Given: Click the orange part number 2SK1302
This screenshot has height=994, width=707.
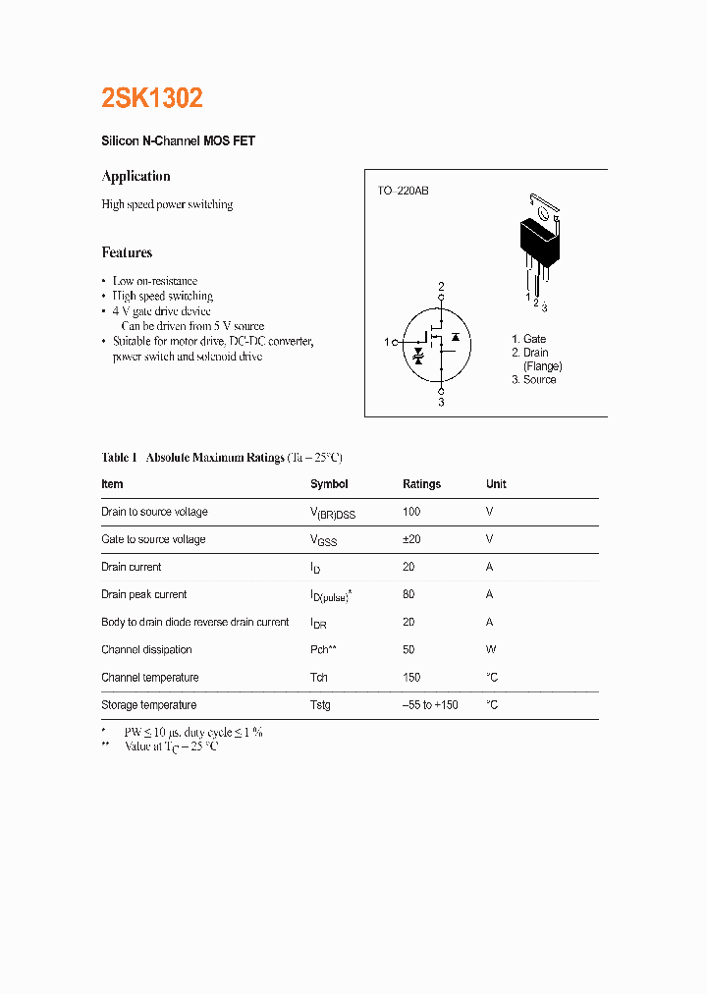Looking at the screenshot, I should (152, 98).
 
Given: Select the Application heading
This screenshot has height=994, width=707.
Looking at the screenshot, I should (136, 177).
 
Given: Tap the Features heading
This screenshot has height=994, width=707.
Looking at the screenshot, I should (127, 252).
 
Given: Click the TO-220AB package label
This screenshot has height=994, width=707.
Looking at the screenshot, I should (403, 191).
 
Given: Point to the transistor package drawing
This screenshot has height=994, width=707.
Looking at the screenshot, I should (538, 241).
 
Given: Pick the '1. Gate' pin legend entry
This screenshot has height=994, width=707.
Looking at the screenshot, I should (528, 339).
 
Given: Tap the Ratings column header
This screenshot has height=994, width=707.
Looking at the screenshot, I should (421, 484).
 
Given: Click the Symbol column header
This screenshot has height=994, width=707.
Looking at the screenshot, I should (329, 484).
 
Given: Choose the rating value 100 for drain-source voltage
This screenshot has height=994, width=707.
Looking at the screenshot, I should (411, 512).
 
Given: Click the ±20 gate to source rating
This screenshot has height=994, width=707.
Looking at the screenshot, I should (412, 539).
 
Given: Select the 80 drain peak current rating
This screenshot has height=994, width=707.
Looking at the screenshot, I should (408, 594).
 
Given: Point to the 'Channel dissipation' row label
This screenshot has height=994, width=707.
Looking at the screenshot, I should (146, 649).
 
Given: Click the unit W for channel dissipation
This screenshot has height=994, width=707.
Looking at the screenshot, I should (490, 649).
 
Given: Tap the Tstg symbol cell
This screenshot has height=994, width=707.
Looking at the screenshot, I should (320, 705).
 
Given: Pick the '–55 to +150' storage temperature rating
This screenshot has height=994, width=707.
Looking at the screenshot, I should (430, 705).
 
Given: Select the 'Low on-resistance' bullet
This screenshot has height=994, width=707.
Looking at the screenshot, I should (154, 281).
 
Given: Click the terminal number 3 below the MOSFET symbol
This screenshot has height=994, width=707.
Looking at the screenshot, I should (441, 402).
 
